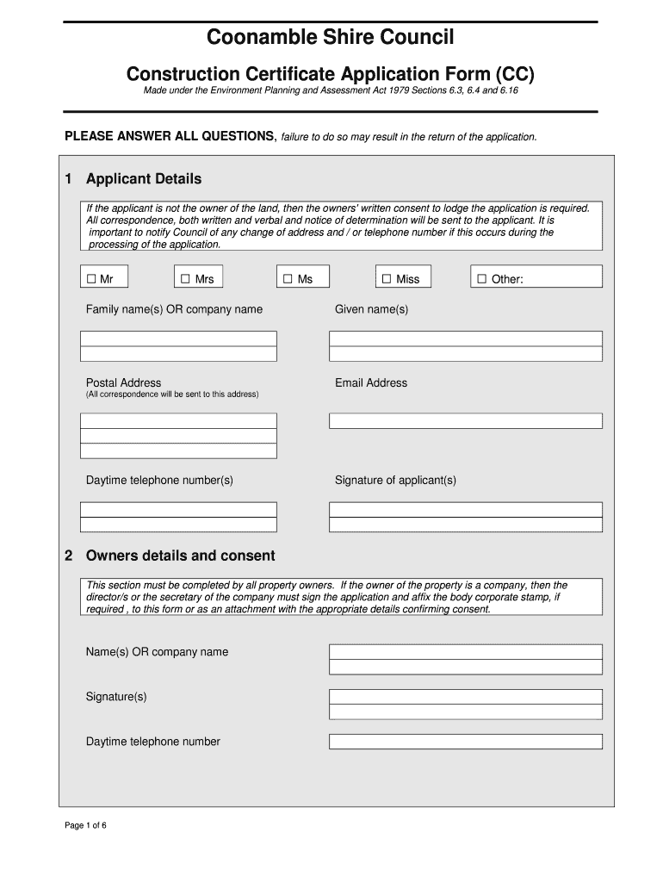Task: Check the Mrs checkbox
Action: (x=185, y=279)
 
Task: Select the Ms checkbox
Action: (x=288, y=279)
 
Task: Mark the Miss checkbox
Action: (x=387, y=279)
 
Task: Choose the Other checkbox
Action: (x=481, y=279)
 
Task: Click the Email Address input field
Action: (x=465, y=421)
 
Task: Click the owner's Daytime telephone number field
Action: (x=465, y=742)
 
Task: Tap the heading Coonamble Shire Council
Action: (x=330, y=37)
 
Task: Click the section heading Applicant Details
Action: (x=143, y=179)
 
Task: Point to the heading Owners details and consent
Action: (x=180, y=556)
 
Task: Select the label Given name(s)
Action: (x=371, y=309)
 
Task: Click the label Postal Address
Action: (x=123, y=382)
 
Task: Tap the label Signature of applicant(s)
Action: (x=395, y=480)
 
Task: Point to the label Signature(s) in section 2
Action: (x=116, y=696)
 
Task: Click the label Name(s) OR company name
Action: (x=157, y=652)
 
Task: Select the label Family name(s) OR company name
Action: (x=174, y=309)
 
